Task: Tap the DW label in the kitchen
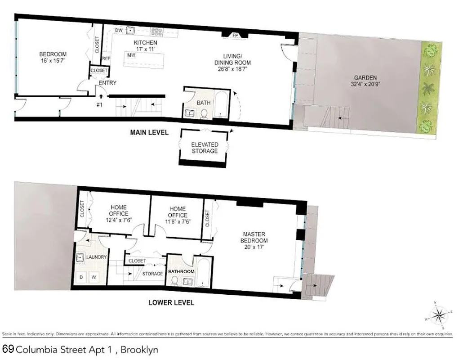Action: coord(119,30)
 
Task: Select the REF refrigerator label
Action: coord(107,59)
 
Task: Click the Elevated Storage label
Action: coord(205,148)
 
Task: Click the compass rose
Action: coord(438,313)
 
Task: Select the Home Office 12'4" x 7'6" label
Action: coord(119,214)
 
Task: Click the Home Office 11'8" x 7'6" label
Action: coord(178,212)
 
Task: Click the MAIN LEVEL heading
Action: coord(149,133)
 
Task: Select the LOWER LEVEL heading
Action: coord(171,302)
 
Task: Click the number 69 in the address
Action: coord(8,349)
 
